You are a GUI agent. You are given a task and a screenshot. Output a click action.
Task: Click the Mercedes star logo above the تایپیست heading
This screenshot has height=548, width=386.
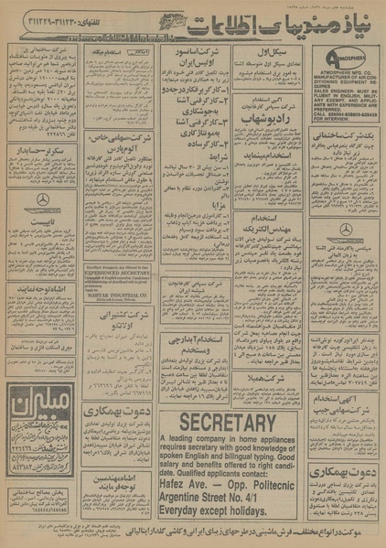pos(42,199)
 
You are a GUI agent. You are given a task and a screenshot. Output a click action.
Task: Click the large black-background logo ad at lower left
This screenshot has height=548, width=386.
pos(42,413)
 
